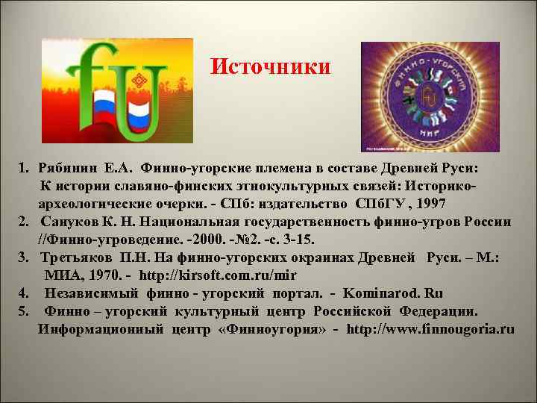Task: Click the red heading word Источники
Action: coord(269,67)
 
